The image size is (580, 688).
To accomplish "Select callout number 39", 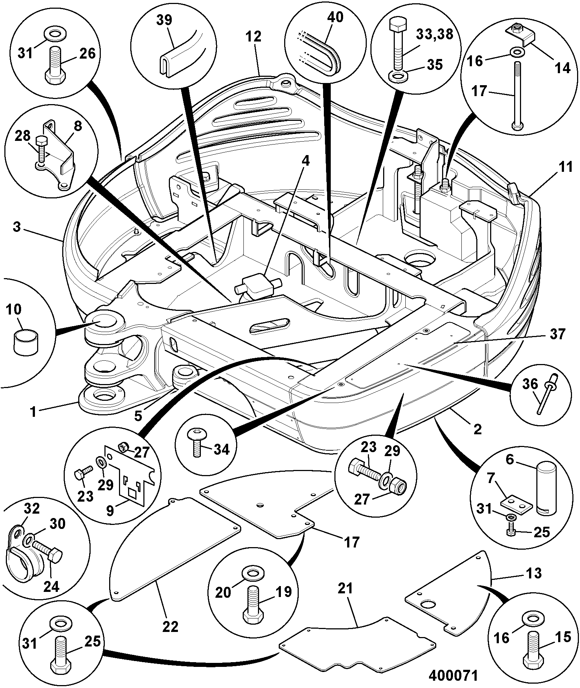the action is (164, 20).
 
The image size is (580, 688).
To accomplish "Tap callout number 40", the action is (335, 17).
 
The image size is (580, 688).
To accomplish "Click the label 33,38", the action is (434, 34).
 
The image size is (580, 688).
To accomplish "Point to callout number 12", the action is (254, 36).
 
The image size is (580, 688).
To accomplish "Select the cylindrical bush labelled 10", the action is (25, 340).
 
